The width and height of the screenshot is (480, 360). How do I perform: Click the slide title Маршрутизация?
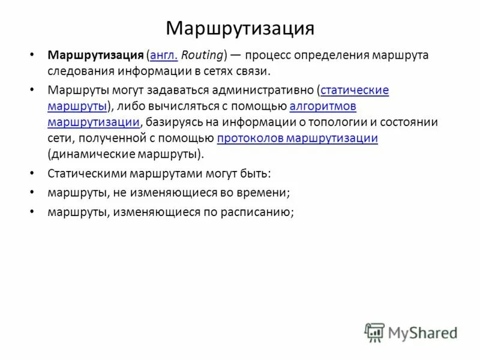[240, 28]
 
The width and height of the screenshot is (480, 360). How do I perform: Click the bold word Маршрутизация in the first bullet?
[95, 55]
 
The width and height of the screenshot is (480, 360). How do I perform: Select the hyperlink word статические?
[355, 91]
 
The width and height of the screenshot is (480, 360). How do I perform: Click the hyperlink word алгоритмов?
[323, 107]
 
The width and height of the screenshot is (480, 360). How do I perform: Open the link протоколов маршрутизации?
[297, 139]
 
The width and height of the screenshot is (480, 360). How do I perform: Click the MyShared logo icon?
[374, 332]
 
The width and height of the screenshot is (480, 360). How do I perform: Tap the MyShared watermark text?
[423, 332]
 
